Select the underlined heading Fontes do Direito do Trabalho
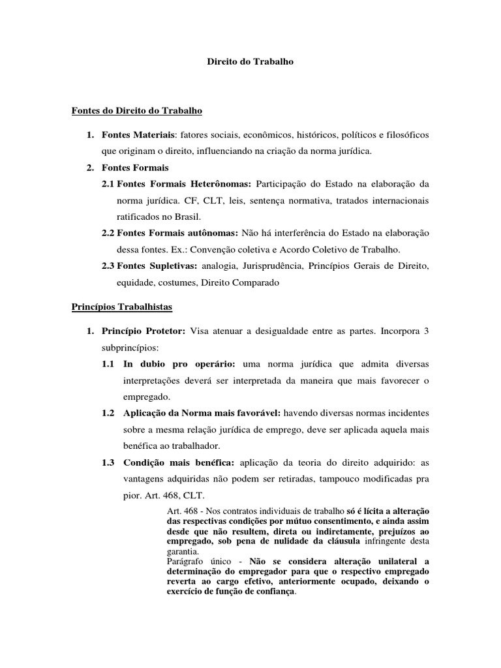pos(137,111)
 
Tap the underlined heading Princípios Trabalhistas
pos(122,306)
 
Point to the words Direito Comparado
pos(241,282)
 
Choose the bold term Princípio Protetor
pos(144,331)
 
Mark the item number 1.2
pos(108,413)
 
